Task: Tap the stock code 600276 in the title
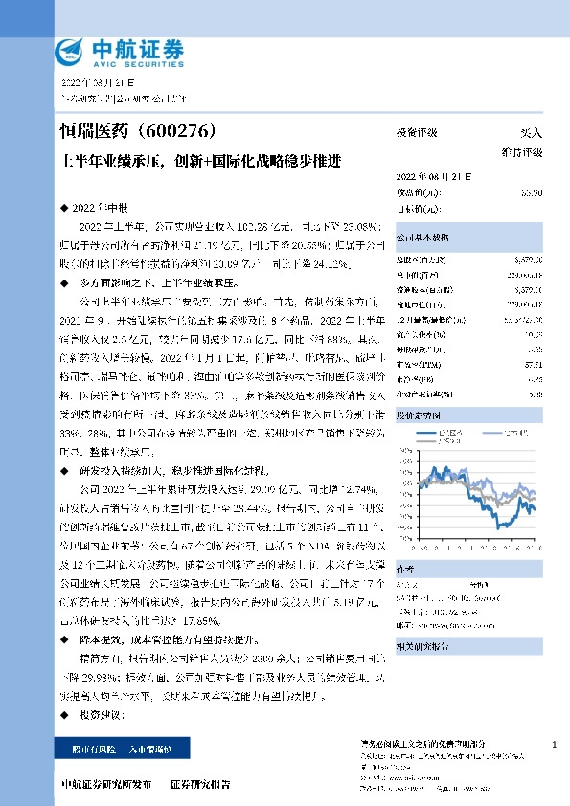(190, 130)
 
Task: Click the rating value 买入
(531, 134)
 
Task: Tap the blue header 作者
(406, 568)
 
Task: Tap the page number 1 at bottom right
(555, 744)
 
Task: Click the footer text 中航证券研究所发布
(105, 784)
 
